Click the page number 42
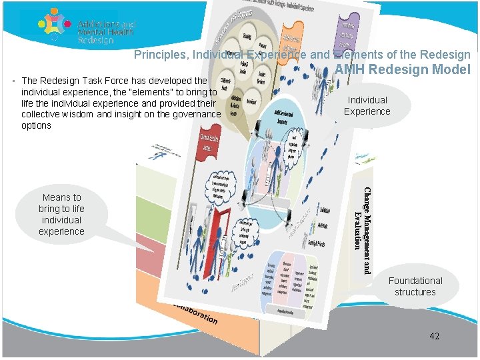coord(434,336)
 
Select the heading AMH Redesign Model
coord(403,69)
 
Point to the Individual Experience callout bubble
coord(367,105)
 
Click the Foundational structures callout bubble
coord(415,286)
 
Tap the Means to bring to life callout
coord(61,214)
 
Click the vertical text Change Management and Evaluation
coord(363,230)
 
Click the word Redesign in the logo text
coord(96,40)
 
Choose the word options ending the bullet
coord(36,125)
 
